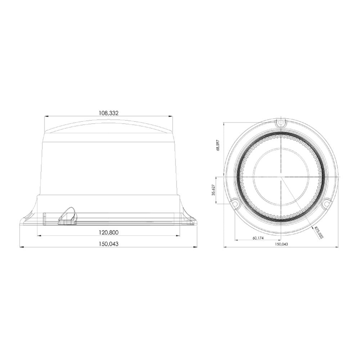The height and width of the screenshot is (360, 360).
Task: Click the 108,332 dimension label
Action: pos(109,113)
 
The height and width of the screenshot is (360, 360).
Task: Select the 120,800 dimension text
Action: pos(109,232)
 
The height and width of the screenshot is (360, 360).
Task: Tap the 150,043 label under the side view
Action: pos(109,244)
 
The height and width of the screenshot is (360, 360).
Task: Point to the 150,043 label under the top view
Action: pos(281,244)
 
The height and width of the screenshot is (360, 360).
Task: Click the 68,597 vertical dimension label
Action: pos(218,145)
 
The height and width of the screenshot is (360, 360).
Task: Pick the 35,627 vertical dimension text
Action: pos(213,190)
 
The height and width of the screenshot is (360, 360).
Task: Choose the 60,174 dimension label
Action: pos(258,238)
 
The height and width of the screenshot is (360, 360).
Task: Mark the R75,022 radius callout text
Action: pos(319,232)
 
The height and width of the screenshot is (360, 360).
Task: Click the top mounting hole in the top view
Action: pos(280,123)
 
